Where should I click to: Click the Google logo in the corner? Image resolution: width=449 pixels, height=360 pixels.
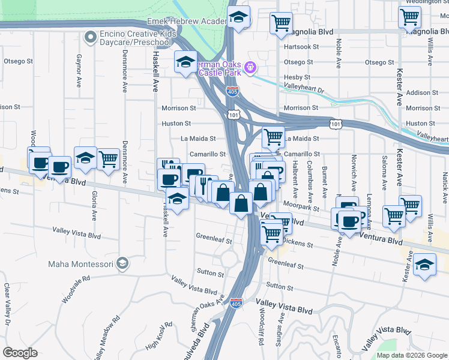20,352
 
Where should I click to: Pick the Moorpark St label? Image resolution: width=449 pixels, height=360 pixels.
302,206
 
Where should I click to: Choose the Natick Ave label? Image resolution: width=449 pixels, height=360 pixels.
445,181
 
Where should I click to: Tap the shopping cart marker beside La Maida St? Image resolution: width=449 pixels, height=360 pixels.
273,137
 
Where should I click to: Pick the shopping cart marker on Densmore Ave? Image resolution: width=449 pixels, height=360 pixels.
108,160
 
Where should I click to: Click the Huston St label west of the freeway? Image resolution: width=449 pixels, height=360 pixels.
176,124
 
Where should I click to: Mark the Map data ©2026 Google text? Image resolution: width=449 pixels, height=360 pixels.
412,355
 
